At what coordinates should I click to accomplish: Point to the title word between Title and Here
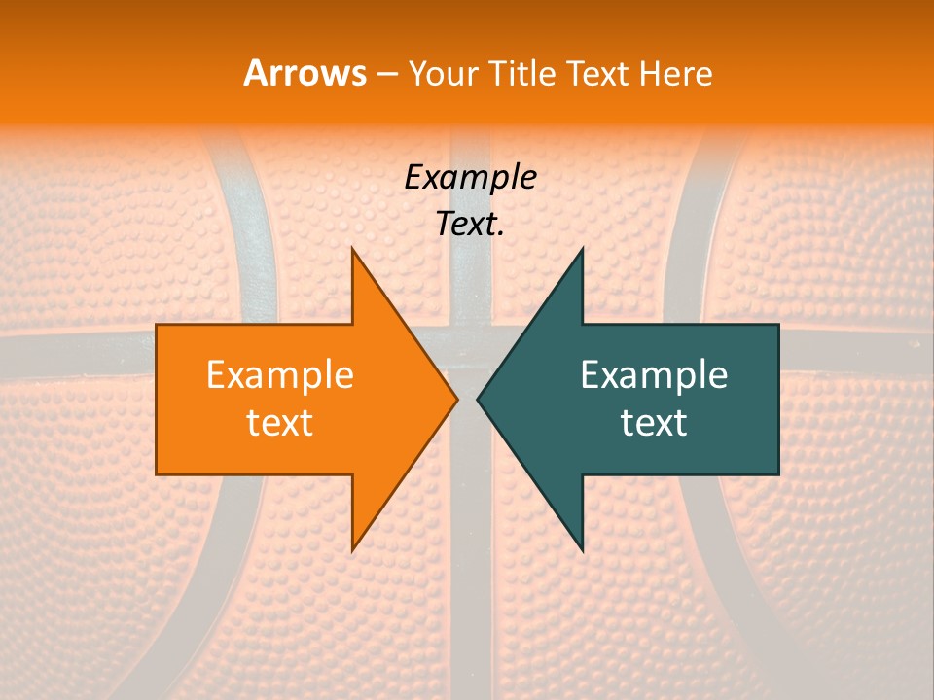coord(596,73)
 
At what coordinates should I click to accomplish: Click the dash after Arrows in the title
coord(386,74)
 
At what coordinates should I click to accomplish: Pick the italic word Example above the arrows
coord(470,178)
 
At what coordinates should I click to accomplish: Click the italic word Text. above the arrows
coord(470,225)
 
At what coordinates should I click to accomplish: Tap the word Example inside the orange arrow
coord(279,375)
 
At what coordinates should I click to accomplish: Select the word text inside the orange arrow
coord(279,423)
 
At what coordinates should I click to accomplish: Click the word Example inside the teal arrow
coord(654,375)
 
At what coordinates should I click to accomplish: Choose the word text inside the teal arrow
coord(654,423)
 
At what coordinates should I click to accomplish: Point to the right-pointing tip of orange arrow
coord(458,400)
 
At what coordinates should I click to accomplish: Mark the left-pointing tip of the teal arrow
coord(477,400)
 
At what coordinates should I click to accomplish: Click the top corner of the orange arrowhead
coord(352,248)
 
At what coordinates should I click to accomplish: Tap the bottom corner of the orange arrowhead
coord(352,551)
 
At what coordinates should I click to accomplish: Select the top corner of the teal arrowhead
coord(583,248)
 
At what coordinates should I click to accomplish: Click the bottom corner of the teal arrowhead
coord(583,551)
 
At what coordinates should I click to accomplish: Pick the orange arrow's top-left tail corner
coord(157,325)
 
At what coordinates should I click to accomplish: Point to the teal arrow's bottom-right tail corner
coord(778,474)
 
